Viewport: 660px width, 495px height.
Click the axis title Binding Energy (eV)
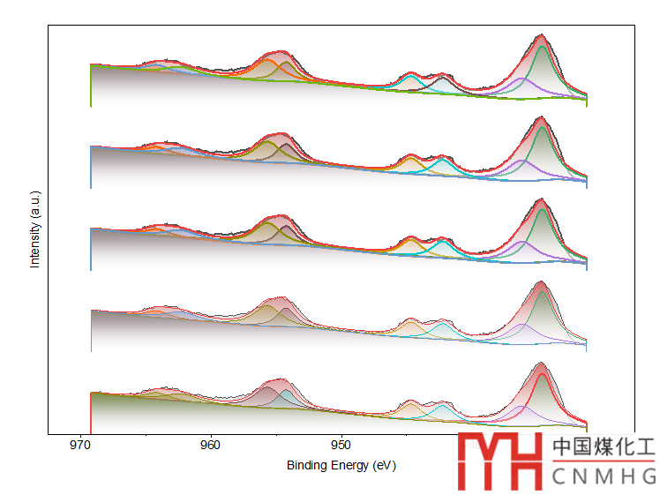point(341,465)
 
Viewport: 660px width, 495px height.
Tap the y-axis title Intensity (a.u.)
point(35,237)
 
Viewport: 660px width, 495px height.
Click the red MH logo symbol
point(499,461)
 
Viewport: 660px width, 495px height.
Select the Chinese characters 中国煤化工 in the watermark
point(604,447)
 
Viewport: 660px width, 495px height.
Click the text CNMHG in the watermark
point(604,477)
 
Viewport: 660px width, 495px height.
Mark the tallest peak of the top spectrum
point(541,36)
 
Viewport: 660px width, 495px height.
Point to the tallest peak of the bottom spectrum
point(541,364)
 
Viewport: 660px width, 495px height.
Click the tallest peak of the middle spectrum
point(541,200)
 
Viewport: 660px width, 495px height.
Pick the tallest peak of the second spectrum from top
point(541,118)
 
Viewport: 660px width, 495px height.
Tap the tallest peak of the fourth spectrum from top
point(541,282)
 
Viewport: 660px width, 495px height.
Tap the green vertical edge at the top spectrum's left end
point(91,88)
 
